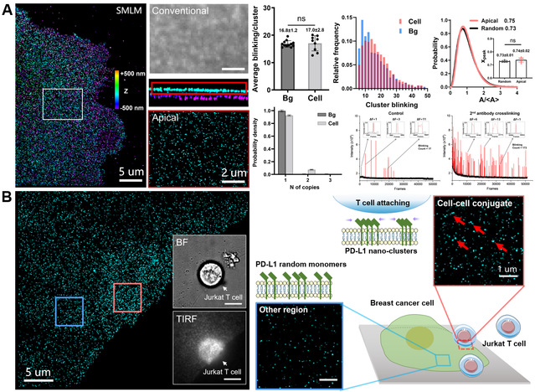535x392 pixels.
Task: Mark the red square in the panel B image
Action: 127,297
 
